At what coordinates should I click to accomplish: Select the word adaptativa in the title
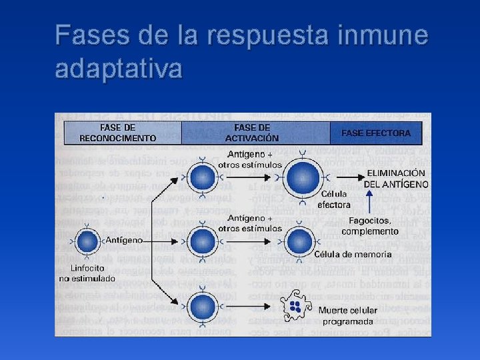(x=119, y=68)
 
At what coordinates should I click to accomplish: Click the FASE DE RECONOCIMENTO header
(x=118, y=133)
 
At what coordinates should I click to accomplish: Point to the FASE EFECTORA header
(x=376, y=133)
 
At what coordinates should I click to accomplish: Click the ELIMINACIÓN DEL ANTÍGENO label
(x=397, y=178)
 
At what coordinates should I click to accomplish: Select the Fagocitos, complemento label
(x=370, y=226)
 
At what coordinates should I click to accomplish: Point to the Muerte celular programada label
(x=347, y=315)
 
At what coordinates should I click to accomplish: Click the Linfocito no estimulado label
(x=87, y=273)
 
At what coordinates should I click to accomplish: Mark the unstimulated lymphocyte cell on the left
(x=87, y=242)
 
